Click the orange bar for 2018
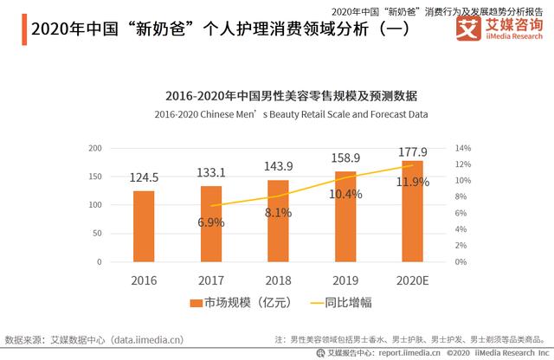pos(278,221)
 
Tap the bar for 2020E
pos(412,211)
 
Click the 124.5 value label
pos(144,177)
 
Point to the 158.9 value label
pos(345,158)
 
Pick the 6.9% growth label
pos(211,222)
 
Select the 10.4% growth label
pos(345,194)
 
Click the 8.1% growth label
pos(278,212)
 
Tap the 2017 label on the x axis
pos(211,280)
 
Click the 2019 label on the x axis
pos(345,280)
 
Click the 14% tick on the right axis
pos(463,149)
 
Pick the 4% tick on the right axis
pos(461,229)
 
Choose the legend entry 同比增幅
pos(336,302)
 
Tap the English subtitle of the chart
pos(291,113)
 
